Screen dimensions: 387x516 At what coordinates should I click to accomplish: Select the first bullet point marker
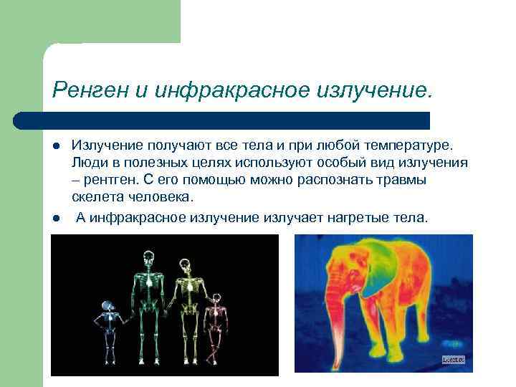(55, 145)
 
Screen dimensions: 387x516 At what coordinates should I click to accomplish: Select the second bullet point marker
(55, 217)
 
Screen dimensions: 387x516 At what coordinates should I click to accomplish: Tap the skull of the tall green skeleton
(149, 257)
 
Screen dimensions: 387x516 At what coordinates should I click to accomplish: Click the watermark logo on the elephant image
(453, 360)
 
